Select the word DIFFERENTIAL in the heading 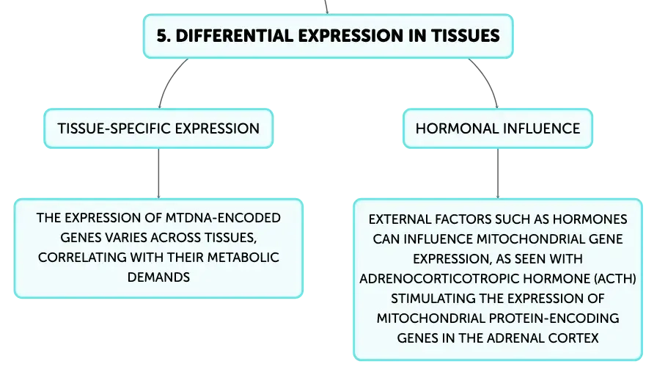coord(234,36)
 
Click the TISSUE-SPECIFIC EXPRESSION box coord(158,128)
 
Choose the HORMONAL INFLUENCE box coord(498,128)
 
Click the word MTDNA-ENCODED coord(223,218)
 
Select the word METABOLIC coord(243,257)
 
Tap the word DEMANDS coord(158,277)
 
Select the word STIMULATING coord(433,299)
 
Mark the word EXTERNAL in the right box coord(400,219)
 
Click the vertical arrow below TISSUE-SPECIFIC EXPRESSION coord(158,173)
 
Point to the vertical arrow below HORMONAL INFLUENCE coord(498,173)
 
